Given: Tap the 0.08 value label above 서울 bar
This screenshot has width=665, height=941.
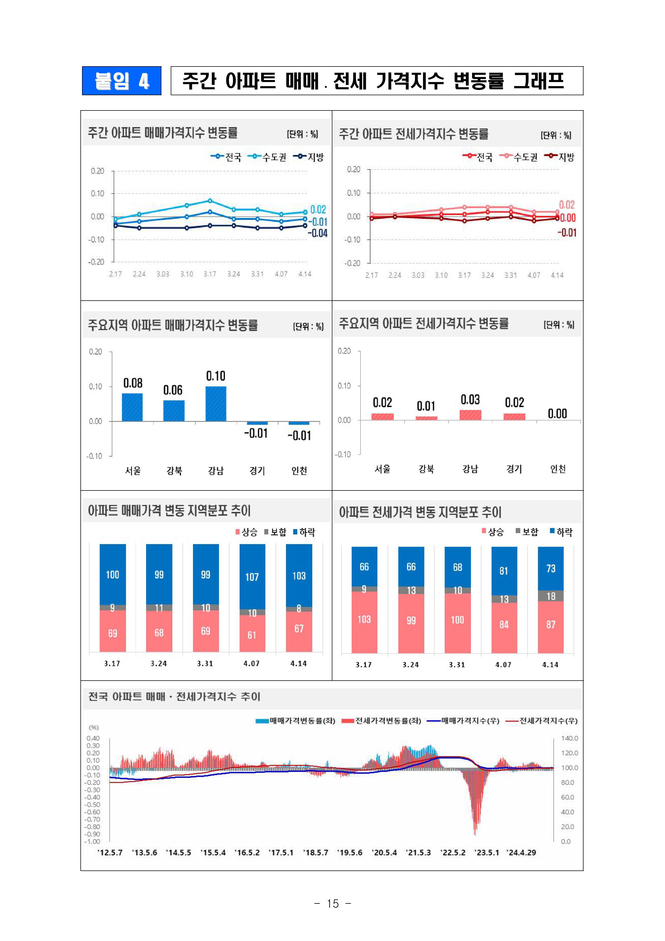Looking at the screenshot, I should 133,383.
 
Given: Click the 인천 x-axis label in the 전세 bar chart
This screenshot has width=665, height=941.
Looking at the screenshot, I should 558,469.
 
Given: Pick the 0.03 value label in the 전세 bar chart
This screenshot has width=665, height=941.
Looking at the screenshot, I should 470,400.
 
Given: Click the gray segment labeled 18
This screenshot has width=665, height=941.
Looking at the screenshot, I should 551,596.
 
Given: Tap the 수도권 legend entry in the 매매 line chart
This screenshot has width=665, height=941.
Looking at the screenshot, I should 268,157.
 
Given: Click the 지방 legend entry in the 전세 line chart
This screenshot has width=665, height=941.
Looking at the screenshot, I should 560,157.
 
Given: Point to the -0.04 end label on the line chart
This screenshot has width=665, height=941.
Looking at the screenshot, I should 318,233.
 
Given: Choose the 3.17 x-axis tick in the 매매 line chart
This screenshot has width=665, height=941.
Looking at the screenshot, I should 210,274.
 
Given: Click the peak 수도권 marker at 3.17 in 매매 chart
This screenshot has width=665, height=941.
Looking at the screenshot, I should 210,201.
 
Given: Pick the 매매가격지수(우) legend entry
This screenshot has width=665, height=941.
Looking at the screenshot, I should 463,721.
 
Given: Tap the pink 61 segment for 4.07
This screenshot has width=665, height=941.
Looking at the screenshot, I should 252,634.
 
